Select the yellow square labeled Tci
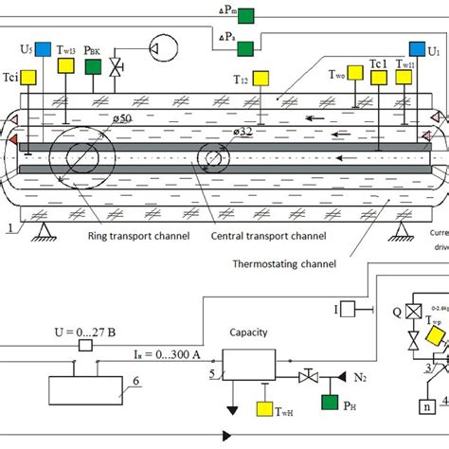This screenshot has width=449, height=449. [x=29, y=76]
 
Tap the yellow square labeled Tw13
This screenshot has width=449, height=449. [x=66, y=65]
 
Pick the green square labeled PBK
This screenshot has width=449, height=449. [x=94, y=66]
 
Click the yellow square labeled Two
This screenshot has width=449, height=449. [x=355, y=72]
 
